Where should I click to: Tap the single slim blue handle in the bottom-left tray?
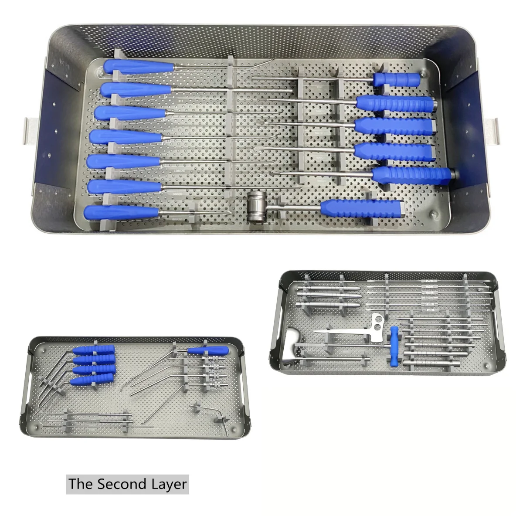tap(210, 350)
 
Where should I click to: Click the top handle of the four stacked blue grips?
tap(94, 350)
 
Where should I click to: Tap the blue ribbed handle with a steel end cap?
tap(412, 175)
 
